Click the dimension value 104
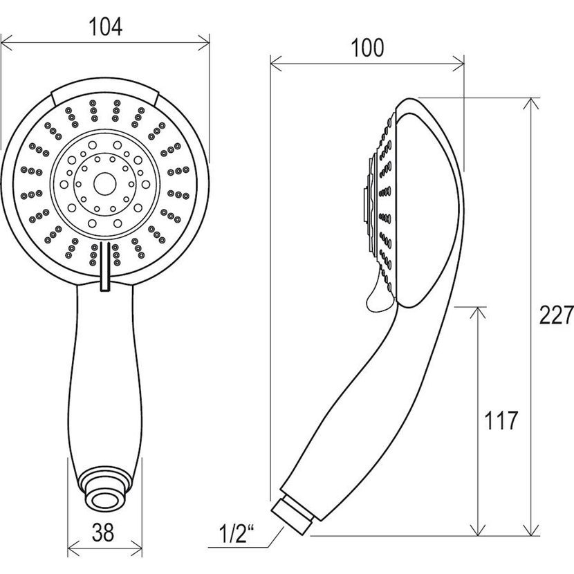105,27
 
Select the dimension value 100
367,48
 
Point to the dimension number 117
501,420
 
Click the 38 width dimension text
103,533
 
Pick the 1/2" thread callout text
237,533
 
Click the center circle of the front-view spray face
105,184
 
